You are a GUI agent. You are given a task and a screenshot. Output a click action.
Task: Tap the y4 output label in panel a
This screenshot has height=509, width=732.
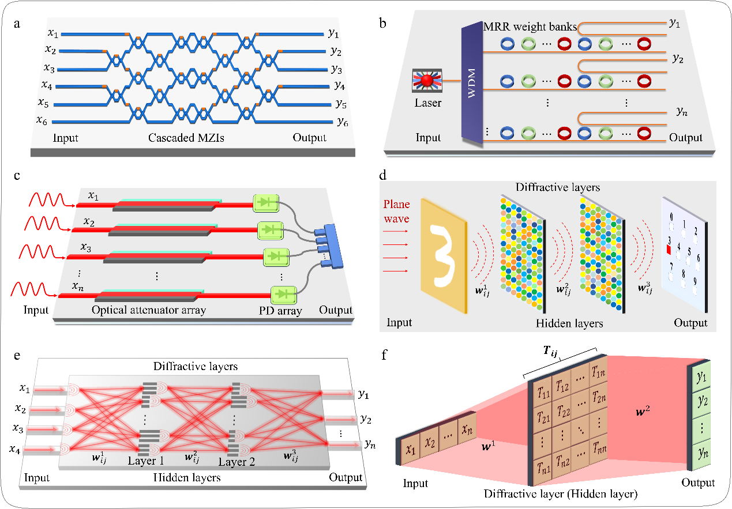pos(339,86)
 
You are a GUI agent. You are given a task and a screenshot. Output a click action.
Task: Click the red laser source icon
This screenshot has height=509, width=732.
pos(427,81)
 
